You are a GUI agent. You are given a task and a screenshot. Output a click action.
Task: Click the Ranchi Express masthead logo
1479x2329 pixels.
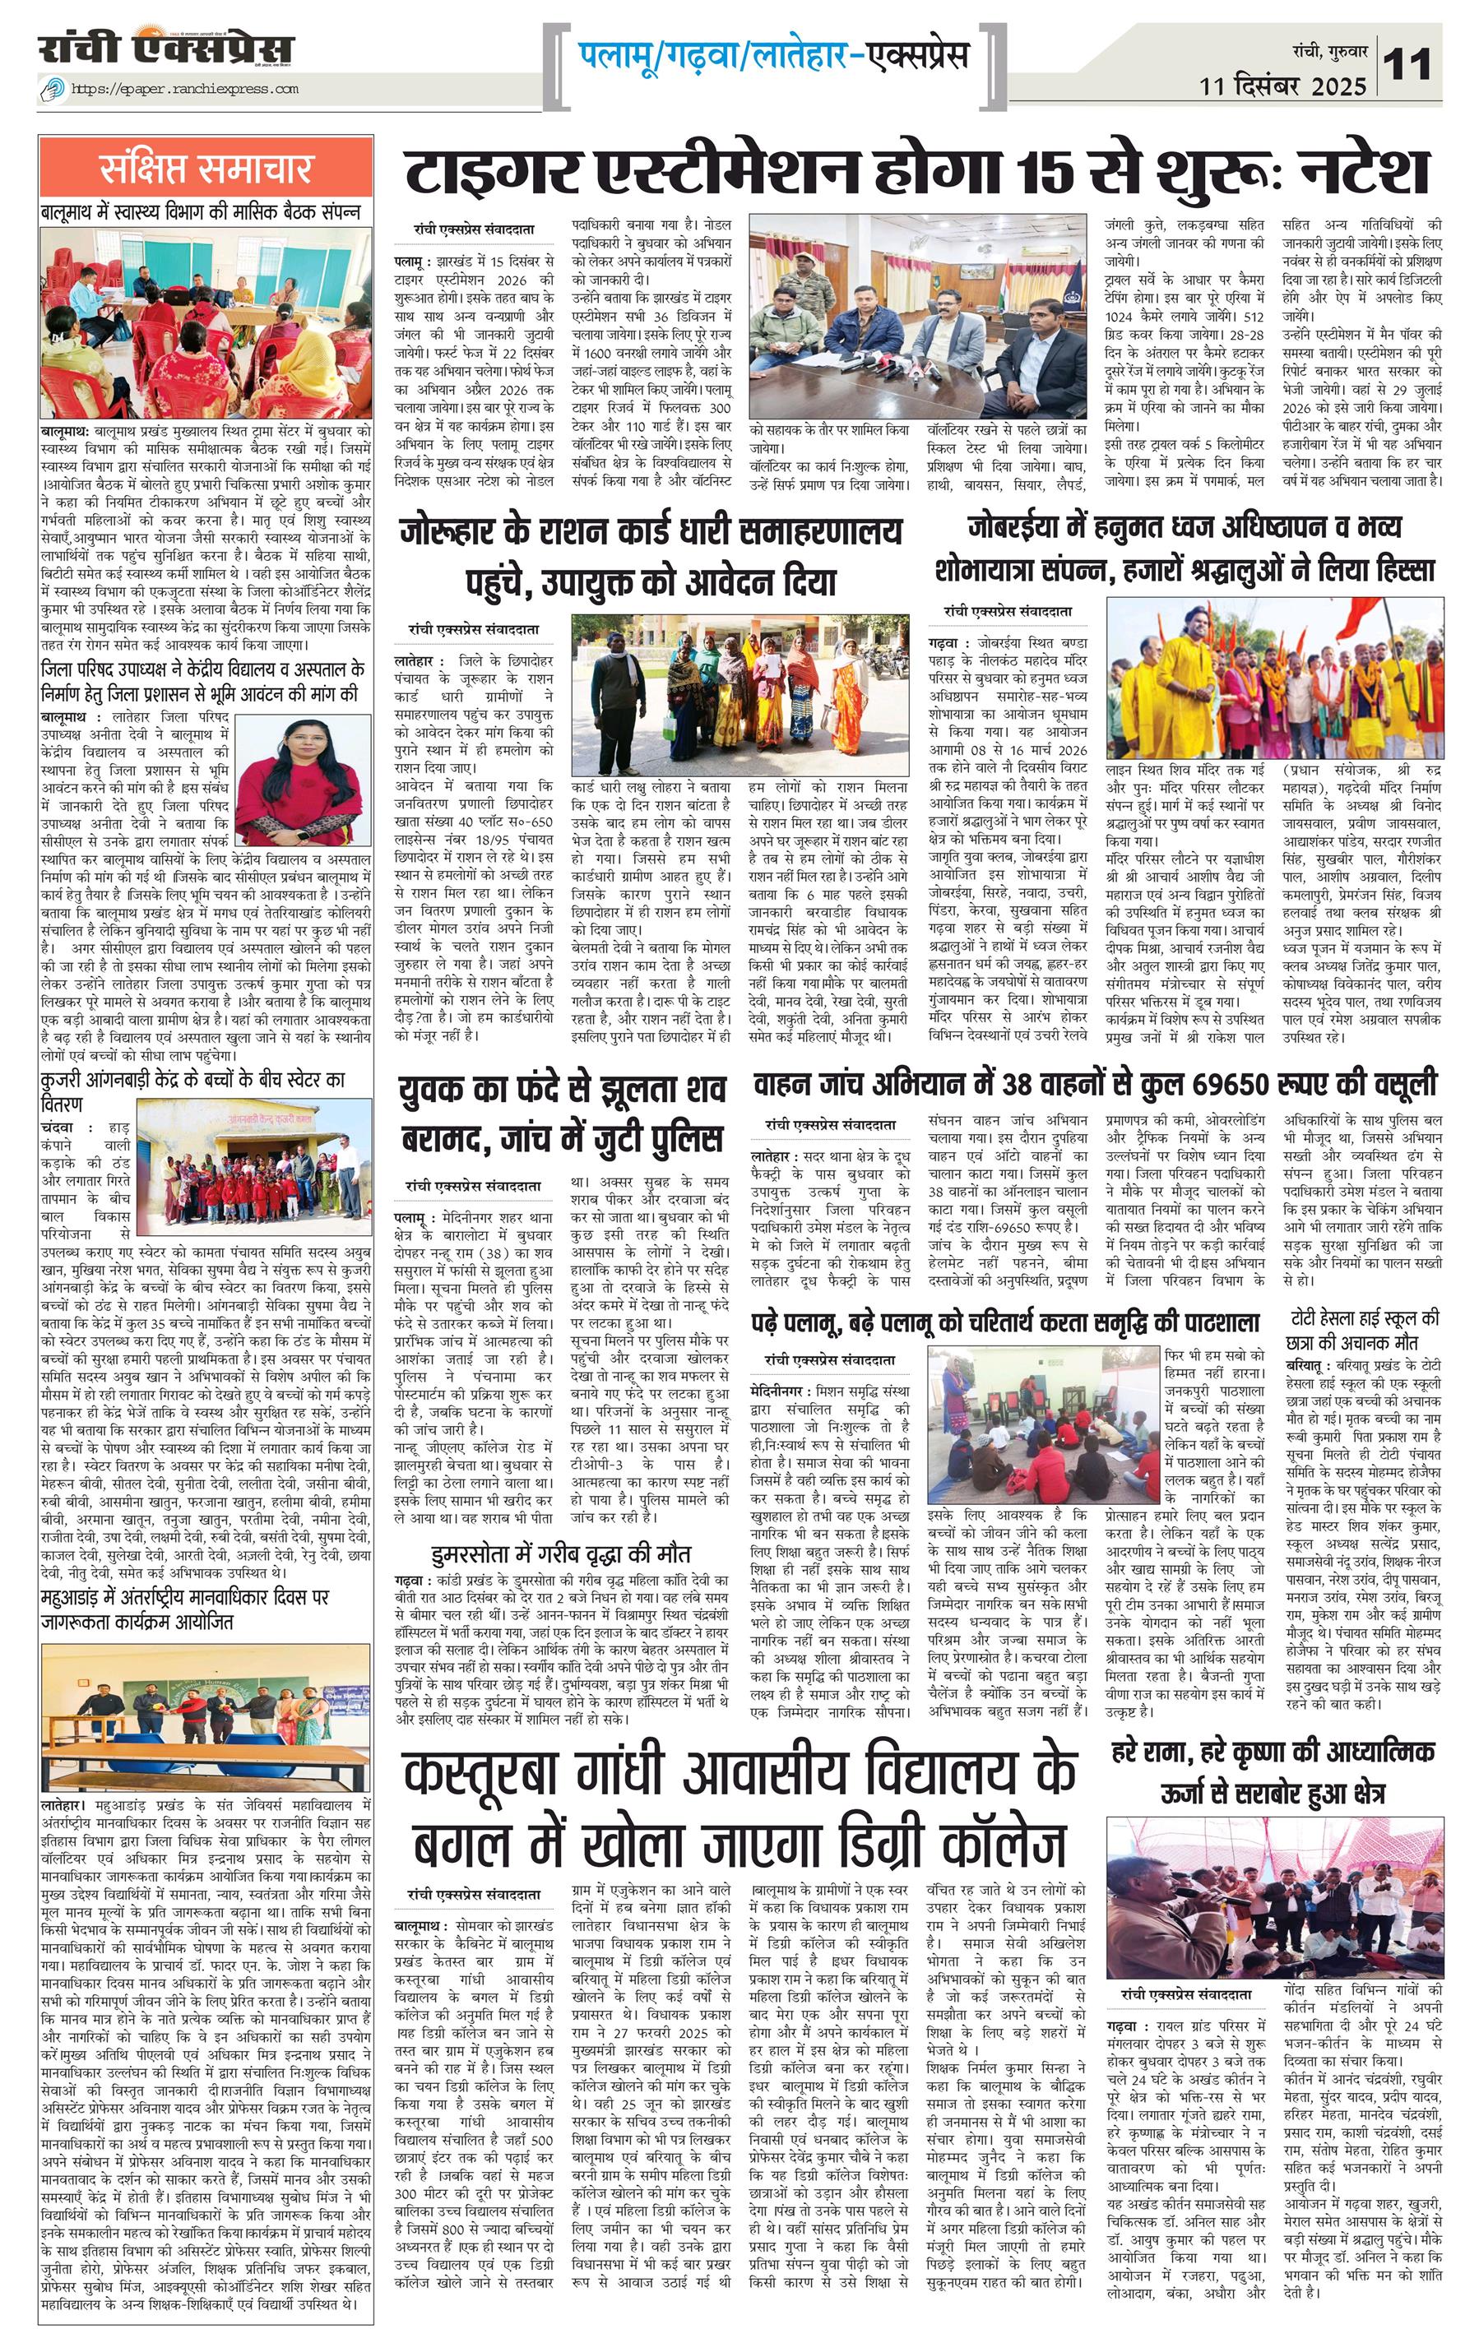165,49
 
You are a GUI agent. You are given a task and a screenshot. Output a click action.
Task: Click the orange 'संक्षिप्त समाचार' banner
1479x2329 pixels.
206,169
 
